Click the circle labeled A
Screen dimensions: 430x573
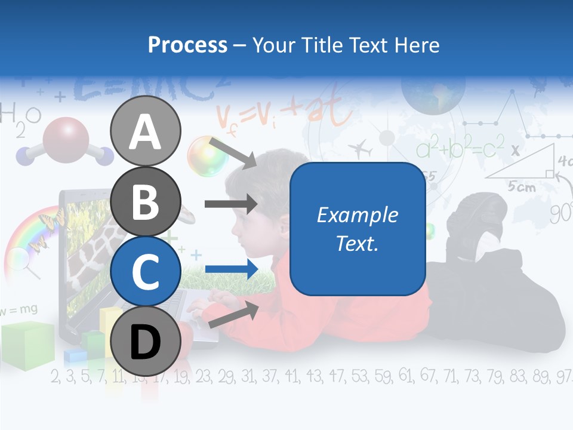coord(146,131)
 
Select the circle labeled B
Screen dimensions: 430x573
coord(146,201)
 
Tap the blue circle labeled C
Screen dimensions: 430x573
coord(146,271)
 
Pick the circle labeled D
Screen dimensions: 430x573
coord(146,341)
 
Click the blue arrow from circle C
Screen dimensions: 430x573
coord(232,269)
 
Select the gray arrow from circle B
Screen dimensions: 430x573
coord(231,204)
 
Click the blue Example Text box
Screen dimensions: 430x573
coord(357,229)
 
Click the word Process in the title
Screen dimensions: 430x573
coord(187,45)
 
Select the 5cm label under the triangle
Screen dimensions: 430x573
coord(522,187)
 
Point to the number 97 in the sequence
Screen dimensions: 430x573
coord(563,376)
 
